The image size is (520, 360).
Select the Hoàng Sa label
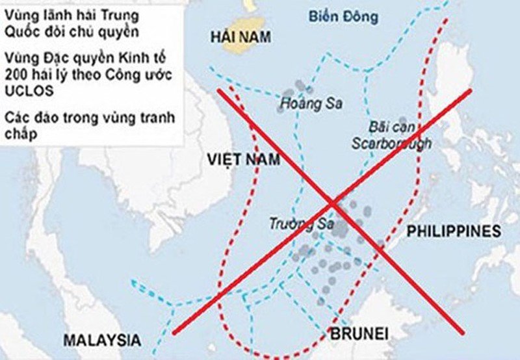coord(302,103)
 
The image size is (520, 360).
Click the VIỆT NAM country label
coord(244,159)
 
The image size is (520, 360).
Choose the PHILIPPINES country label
coord(454,231)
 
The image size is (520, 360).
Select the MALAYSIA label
coord(101,339)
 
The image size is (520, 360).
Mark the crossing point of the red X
coord(333,203)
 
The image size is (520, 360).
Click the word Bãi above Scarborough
coord(380,126)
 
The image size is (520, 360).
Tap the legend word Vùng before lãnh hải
coord(19,14)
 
